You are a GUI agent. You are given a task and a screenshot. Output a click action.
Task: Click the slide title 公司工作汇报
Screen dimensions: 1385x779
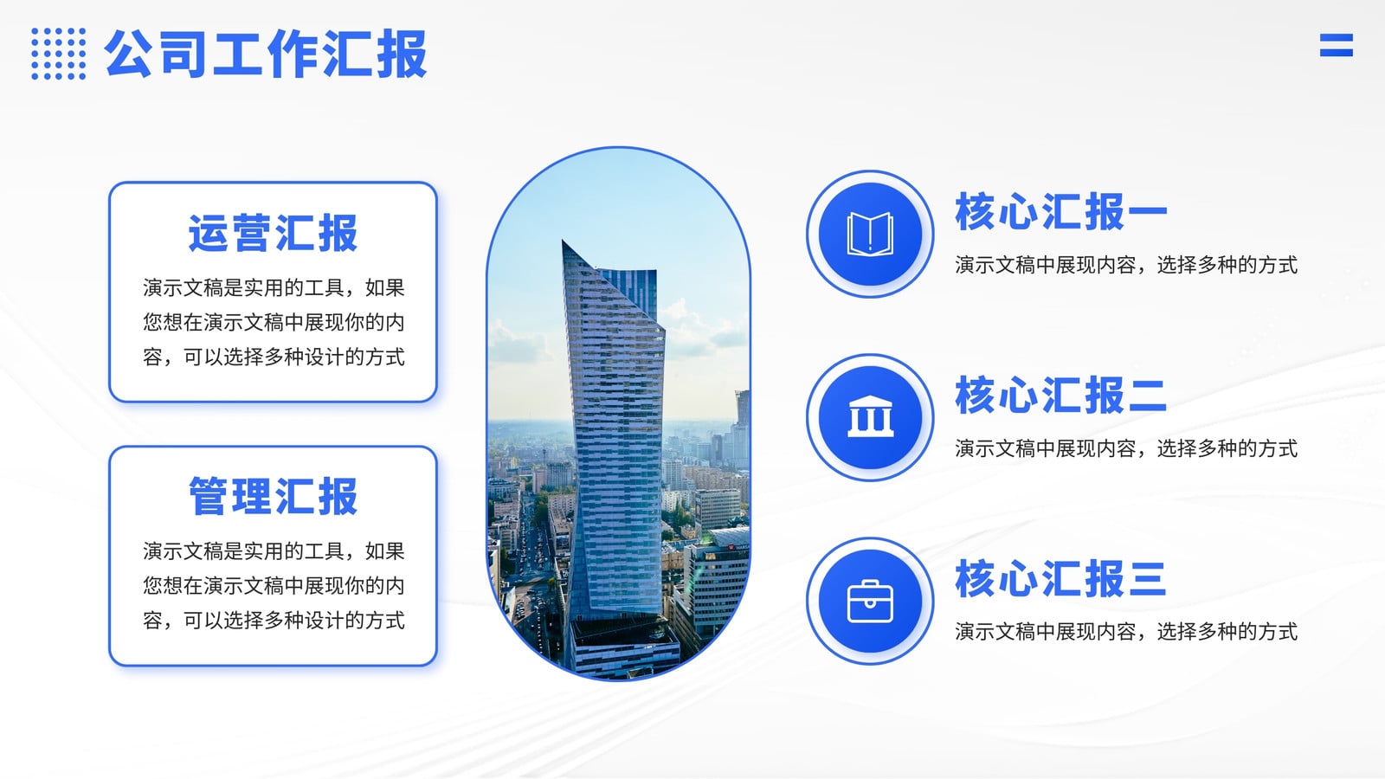pos(266,54)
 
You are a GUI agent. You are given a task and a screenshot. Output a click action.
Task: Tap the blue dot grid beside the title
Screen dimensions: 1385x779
pos(59,54)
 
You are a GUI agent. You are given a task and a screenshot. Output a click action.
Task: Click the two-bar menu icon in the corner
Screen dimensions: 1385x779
pos(1337,45)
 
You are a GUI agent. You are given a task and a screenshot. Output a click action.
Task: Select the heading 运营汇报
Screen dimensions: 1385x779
pos(273,233)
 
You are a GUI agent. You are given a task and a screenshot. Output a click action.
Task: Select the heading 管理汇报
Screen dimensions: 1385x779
pos(273,496)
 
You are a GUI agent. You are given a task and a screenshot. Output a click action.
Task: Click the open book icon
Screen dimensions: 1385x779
pos(870,234)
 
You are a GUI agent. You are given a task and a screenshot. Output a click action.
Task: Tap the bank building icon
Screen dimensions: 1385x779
pos(871,416)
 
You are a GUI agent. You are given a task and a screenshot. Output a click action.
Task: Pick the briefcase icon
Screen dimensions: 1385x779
pos(870,601)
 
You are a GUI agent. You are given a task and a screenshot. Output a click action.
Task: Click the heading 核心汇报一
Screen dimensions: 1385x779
pos(1061,211)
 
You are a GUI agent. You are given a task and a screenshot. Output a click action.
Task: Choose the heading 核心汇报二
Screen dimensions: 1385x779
pos(1061,395)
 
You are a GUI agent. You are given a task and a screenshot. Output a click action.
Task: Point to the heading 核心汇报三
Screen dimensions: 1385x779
pos(1061,579)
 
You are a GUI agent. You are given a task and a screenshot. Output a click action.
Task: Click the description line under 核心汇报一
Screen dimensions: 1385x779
pos(1126,265)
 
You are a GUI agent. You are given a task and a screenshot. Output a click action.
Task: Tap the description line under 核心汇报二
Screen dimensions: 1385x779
pos(1126,448)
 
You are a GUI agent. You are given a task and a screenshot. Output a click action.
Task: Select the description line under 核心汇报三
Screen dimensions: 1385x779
pos(1126,632)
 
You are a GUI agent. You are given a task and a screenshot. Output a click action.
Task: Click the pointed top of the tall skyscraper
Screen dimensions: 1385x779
pos(563,241)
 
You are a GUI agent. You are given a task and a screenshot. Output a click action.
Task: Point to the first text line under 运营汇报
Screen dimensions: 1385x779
pos(274,287)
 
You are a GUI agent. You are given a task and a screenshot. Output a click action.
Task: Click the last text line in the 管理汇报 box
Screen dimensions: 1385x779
pos(274,620)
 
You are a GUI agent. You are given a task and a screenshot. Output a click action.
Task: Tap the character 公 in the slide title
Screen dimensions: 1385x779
pos(129,54)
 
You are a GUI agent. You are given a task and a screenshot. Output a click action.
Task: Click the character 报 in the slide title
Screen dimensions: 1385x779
pos(402,54)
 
